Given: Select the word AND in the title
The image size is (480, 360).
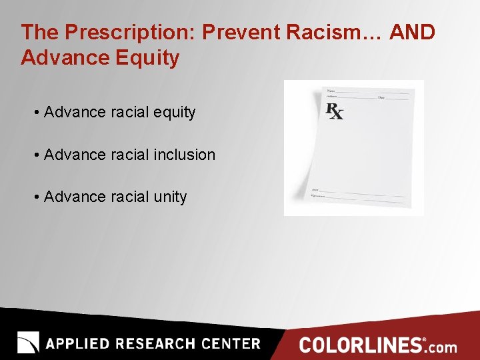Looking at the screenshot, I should pyautogui.click(x=413, y=32).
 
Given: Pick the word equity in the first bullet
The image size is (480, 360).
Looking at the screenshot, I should pyautogui.click(x=174, y=113).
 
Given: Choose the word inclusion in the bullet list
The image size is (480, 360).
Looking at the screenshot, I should pyautogui.click(x=185, y=155).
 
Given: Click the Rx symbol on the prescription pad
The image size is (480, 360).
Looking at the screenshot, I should pyautogui.click(x=335, y=111).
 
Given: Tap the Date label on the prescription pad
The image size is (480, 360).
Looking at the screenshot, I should pyautogui.click(x=381, y=98).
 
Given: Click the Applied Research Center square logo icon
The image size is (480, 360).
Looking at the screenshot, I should pyautogui.click(x=28, y=342).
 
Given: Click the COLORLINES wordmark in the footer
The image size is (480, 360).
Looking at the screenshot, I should pyautogui.click(x=361, y=345).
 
